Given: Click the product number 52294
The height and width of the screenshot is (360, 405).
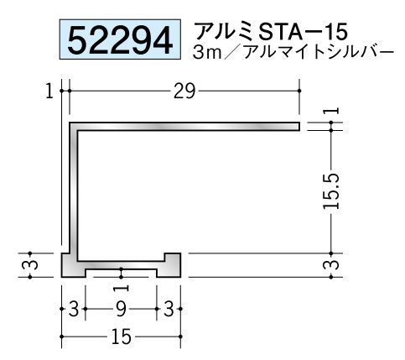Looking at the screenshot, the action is click(x=120, y=39).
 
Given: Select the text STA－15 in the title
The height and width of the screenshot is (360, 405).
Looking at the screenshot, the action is click(x=303, y=31).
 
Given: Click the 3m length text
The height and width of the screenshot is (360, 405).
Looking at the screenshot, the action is click(x=207, y=53).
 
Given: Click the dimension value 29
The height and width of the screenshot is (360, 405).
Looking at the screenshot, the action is click(x=184, y=91).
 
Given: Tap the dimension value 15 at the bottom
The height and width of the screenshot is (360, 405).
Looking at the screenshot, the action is click(x=122, y=337).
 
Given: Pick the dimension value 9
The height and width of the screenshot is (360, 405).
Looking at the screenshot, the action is click(x=121, y=310).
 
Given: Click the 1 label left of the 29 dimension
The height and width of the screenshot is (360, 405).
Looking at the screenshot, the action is click(x=49, y=91).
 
